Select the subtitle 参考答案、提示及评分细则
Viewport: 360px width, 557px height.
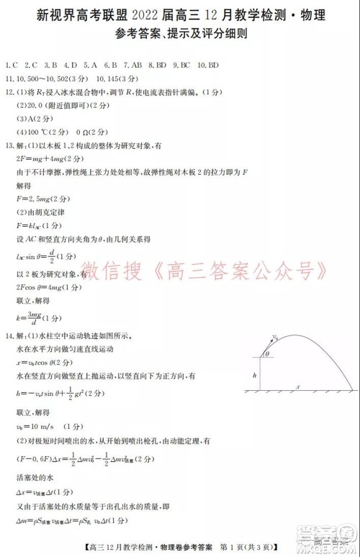180,34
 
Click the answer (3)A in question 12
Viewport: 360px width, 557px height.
26,119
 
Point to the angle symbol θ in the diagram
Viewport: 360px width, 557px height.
268,354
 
